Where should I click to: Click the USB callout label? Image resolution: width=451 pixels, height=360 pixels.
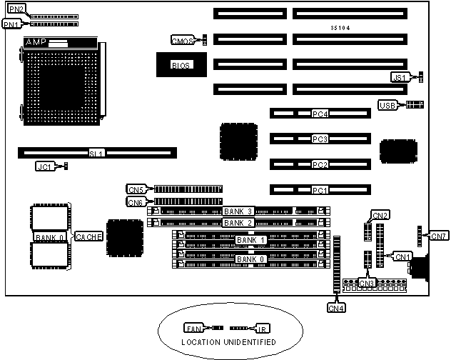pos(387,106)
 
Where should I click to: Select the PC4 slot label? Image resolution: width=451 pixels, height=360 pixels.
pos(320,114)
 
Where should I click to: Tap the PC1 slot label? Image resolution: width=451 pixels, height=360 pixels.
pos(320,190)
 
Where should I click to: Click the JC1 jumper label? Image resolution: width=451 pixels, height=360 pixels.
pos(44,166)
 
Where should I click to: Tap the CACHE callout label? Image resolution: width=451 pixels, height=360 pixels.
pos(89,236)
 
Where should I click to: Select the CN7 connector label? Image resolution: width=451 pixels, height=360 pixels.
pos(437,235)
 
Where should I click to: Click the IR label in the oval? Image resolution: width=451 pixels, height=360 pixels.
pos(262,329)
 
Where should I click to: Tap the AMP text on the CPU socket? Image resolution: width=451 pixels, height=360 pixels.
pos(35,44)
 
